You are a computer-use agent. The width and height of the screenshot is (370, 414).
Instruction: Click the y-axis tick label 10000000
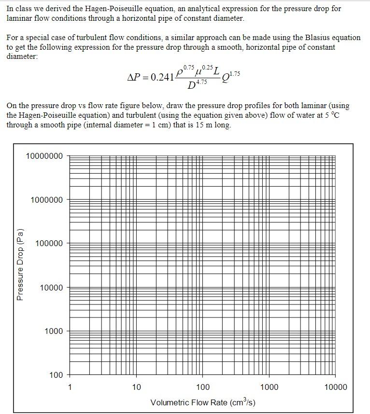(44, 156)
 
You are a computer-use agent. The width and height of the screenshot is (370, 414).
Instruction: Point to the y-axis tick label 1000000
(46, 200)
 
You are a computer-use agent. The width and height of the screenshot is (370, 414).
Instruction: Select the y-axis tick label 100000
(49, 244)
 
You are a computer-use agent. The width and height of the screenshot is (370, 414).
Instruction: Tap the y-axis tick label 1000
(53, 331)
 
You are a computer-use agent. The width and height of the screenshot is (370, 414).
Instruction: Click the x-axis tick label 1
(70, 387)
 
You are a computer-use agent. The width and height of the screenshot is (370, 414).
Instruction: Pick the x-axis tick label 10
(136, 387)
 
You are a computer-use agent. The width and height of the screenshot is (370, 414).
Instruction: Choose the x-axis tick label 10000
(335, 387)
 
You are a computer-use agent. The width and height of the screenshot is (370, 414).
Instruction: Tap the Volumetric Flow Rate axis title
(203, 402)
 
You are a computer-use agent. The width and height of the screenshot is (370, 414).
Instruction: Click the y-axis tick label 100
(56, 375)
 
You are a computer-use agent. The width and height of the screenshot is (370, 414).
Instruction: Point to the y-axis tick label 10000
(51, 288)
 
